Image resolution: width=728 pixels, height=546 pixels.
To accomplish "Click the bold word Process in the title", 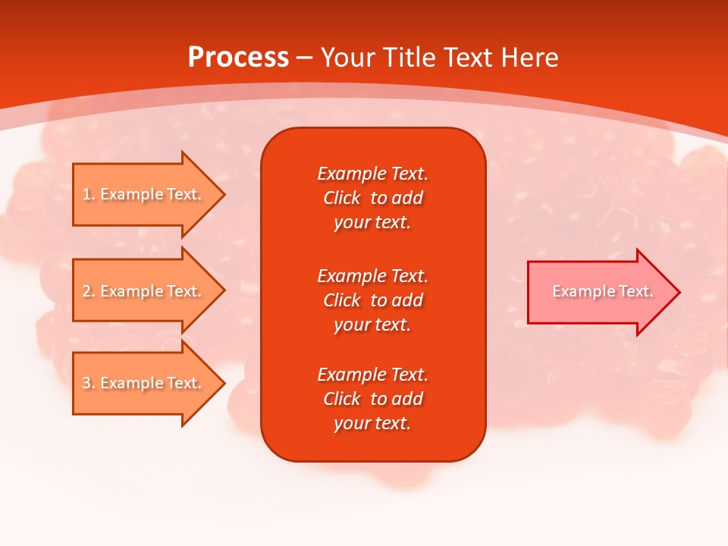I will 238,58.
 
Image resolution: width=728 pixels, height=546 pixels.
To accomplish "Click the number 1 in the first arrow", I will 86,194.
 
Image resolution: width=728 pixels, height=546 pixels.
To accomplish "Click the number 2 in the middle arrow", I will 86,291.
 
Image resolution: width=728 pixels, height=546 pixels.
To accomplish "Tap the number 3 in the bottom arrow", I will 86,383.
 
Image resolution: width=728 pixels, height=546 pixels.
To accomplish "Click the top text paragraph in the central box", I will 372,198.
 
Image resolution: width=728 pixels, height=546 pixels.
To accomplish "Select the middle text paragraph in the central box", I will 372,300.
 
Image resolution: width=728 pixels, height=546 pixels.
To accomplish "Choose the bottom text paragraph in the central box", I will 372,399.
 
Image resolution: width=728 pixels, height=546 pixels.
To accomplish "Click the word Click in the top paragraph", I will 342,198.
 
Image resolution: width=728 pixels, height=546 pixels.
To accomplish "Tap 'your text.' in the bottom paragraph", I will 372,424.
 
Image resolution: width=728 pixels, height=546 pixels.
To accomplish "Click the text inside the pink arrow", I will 602,291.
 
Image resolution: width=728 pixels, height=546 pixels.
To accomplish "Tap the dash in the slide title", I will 304,58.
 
